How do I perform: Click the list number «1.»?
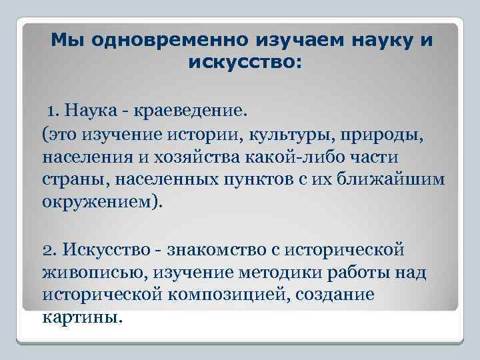click(53, 109)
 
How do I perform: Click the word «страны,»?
click(70, 181)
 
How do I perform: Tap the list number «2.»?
click(50, 249)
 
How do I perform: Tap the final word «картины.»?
click(82, 317)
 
